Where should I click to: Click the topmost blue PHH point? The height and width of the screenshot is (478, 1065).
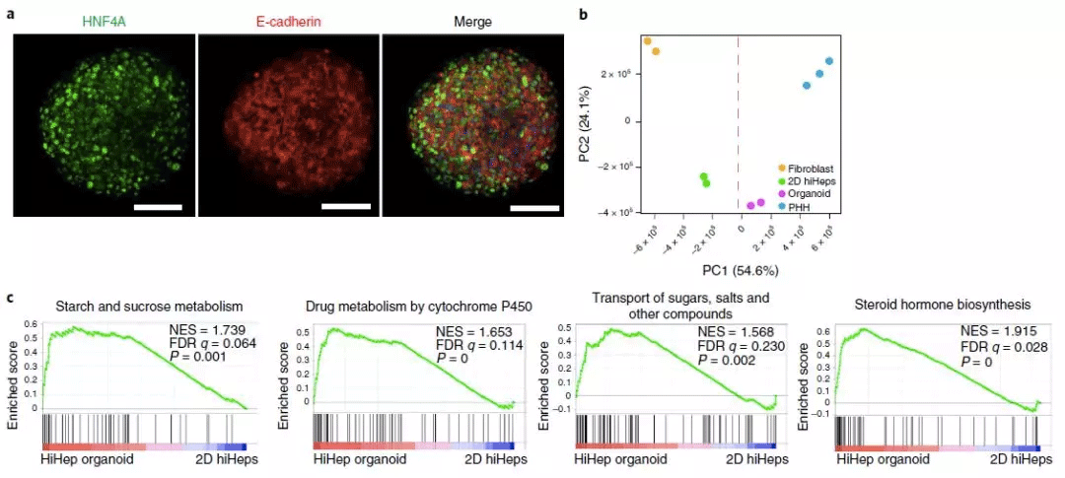[x=829, y=61]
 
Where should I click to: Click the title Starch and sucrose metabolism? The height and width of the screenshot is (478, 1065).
[x=149, y=305]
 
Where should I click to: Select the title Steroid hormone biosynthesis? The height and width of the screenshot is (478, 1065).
[x=933, y=305]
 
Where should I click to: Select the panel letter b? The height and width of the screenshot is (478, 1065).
[x=585, y=15]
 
